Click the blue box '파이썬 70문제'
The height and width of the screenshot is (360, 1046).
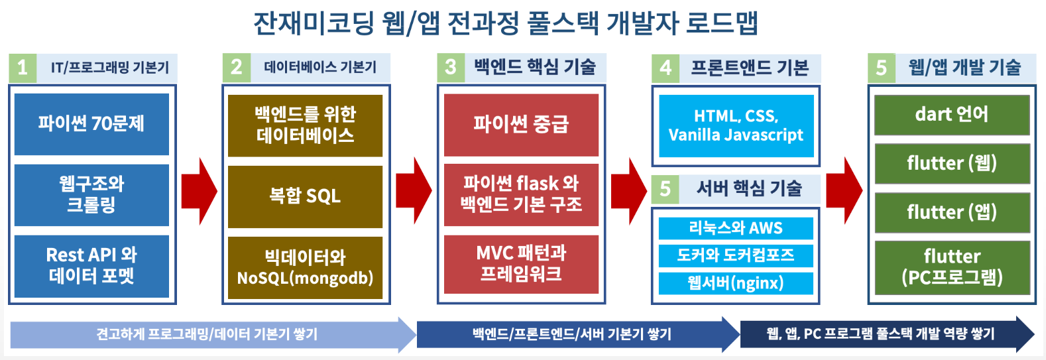coord(91,124)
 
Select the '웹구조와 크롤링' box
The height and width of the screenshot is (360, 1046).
coord(91,195)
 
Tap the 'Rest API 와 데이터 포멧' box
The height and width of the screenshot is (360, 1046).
coord(91,266)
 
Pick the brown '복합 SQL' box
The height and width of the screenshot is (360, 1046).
coord(305,197)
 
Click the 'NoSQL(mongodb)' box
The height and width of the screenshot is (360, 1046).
coord(305,268)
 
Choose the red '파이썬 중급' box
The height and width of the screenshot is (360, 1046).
coord(521,125)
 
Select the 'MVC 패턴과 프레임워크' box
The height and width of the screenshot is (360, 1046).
coord(521,265)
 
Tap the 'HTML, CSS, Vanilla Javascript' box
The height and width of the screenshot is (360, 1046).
coord(736,126)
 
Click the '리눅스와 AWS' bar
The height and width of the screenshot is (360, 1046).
coord(736,228)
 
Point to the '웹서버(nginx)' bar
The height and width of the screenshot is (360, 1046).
coord(736,283)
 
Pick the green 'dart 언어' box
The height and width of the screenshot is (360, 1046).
coord(952,115)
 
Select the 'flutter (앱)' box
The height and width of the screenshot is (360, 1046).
coord(952,212)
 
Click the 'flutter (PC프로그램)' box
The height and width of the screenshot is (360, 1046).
coord(952,268)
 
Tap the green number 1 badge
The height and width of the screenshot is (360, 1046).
coord(23,68)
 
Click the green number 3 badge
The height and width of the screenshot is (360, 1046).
coord(451,68)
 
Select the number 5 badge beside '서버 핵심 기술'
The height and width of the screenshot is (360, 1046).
coord(665,189)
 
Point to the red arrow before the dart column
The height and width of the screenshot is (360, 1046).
coord(844,191)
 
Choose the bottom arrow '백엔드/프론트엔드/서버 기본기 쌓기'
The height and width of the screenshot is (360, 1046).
coord(578,334)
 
